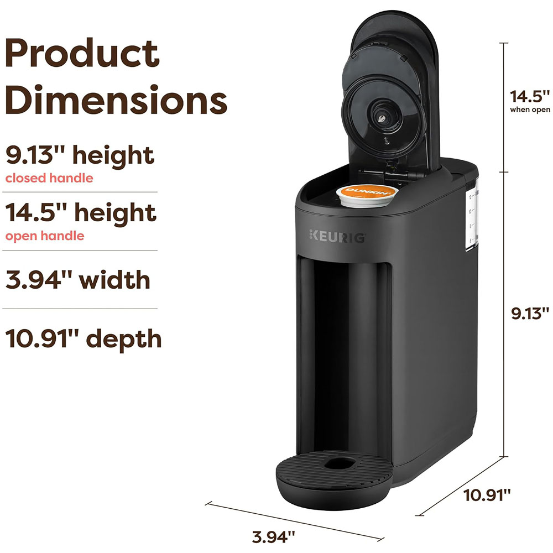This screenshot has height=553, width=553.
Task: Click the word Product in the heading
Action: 82,53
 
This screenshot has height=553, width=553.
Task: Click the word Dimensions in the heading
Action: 116,100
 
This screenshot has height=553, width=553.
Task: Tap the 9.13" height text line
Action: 80,155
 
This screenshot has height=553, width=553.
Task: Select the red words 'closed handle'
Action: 49,178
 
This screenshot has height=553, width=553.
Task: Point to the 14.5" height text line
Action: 81,213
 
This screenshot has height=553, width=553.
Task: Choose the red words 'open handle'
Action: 45,236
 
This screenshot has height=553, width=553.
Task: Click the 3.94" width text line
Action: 78,280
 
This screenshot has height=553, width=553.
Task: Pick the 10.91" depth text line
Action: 84,339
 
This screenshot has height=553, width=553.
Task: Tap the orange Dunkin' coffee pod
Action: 367,195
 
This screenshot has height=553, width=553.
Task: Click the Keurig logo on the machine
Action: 337,237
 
